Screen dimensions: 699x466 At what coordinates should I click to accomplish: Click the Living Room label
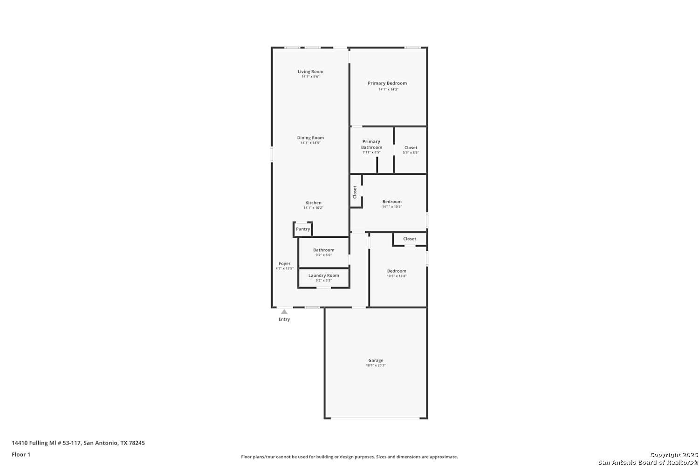point(310,71)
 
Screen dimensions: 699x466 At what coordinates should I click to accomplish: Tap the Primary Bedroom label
point(387,83)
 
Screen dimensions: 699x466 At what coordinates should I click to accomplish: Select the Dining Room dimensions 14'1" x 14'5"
point(310,143)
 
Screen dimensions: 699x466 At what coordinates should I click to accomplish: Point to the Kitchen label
point(313,203)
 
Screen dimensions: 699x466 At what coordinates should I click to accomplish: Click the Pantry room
point(303,229)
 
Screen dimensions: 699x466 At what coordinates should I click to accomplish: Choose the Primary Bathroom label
point(371,144)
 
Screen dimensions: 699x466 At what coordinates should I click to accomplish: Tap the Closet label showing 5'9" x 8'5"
point(411,148)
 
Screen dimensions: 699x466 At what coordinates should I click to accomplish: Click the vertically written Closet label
point(355,192)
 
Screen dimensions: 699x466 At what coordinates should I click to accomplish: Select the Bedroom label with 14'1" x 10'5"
point(392,202)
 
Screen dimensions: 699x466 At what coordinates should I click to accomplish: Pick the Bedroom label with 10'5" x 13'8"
point(397,271)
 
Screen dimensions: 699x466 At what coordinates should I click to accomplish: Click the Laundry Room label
point(323,275)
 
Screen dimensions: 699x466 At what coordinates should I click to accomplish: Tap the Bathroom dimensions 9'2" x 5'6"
point(323,255)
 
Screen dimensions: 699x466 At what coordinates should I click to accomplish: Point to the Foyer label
point(285,263)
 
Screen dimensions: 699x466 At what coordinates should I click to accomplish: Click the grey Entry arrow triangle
point(284,312)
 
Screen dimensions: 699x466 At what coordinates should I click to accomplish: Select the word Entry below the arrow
point(284,319)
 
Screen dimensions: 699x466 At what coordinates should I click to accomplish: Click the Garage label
point(376,360)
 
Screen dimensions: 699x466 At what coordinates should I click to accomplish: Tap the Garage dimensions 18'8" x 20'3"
point(376,365)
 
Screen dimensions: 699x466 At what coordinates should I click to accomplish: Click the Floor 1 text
point(21,454)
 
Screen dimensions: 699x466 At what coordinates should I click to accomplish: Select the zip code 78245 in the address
point(137,443)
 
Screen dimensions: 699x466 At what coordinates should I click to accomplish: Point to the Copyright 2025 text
point(674,455)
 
